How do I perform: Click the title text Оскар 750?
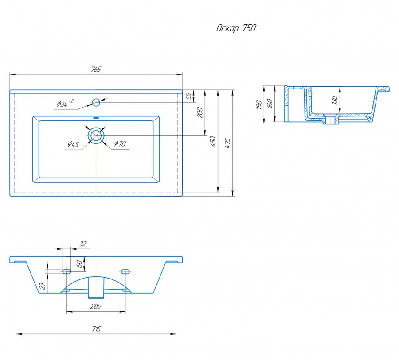coord(236,28)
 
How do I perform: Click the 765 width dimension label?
coord(96,69)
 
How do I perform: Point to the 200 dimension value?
coord(200,112)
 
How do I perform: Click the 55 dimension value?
coord(189,97)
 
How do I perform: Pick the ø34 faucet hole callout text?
coord(65,104)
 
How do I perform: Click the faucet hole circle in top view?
coord(96,102)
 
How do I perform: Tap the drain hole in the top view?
coord(96,135)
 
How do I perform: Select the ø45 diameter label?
coord(73,144)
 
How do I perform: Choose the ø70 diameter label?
coord(120,143)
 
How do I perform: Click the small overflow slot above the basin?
coord(96,118)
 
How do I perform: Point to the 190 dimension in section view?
coord(259,105)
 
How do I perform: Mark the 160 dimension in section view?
coord(270,103)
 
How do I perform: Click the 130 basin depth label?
coord(334,100)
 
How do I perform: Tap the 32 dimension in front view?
coord(83,244)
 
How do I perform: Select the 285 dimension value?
coord(96,306)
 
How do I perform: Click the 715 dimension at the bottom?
coord(96,329)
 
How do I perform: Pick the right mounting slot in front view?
coord(125,272)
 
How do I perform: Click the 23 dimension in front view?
coord(43,286)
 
